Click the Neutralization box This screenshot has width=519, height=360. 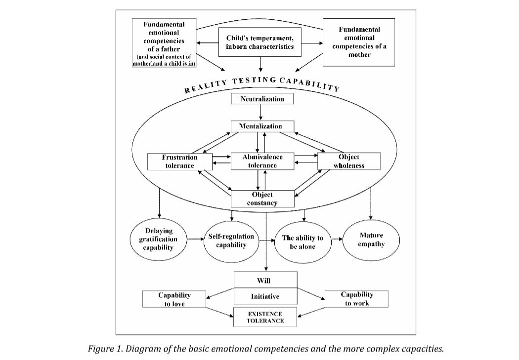262,99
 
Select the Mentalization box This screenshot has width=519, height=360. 262,126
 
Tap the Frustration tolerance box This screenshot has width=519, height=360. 180,161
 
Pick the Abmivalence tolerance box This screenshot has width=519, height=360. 262,161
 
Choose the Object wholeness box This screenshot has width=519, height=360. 349,161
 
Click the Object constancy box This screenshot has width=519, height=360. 262,199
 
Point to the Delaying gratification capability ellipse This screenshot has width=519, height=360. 158,240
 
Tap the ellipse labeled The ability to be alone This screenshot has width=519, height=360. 303,242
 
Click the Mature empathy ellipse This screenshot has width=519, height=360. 371,240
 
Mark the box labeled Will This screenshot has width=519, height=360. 265,280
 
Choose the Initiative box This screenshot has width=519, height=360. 265,296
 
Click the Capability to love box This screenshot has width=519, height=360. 174,299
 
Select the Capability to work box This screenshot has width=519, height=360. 356,299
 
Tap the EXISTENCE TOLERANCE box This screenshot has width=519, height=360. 265,317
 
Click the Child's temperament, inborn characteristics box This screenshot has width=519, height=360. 260,42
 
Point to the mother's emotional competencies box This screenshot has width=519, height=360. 359,42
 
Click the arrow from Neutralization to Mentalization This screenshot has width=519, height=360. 261,113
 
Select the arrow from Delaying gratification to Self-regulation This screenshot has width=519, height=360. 196,239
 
